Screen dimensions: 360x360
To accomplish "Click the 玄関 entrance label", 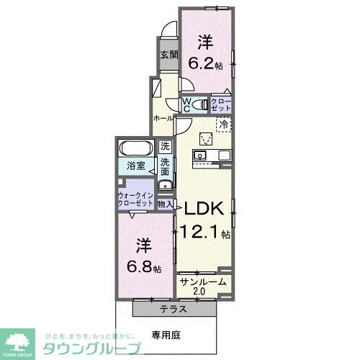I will click(168, 55).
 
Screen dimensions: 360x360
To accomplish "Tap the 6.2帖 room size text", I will click(207, 63).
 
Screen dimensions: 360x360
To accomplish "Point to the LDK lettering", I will click(207, 208).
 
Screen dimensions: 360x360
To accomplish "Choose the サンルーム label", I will click(204, 282).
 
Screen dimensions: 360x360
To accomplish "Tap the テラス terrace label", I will click(174, 309).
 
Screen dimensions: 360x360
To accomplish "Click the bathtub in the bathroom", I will click(135, 150).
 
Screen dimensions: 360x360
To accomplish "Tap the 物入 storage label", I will click(165, 204).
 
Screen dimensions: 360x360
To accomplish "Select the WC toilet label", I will click(186, 105).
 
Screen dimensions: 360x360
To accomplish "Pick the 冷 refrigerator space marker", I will click(223, 124).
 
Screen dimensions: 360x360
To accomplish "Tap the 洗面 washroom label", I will click(165, 168).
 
